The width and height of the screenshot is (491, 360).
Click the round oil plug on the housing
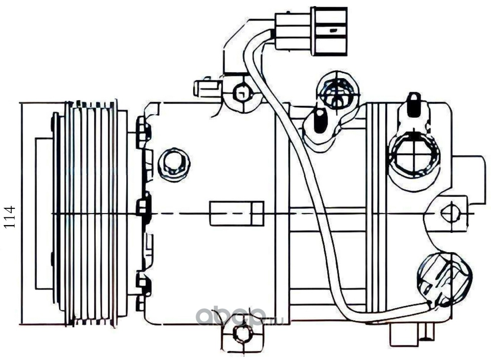point(174,165)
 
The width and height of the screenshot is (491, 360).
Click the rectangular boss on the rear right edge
point(468,179)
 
